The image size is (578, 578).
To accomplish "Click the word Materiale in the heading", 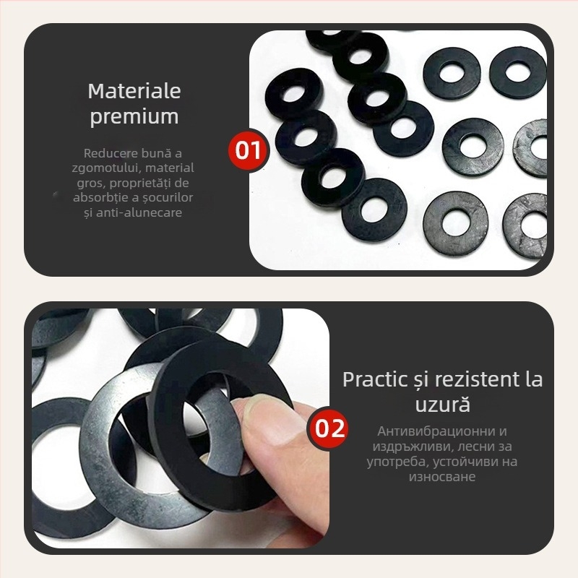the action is (x=134, y=91).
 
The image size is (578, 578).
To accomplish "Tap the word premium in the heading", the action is (x=134, y=117).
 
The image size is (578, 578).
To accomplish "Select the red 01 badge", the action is (x=248, y=150).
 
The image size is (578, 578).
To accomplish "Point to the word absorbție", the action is (x=98, y=197).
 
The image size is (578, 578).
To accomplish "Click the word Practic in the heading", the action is (x=374, y=379).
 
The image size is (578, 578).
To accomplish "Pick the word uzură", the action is (x=442, y=405).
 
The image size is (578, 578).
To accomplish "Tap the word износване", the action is (x=442, y=477).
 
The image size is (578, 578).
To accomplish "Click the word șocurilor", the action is (x=168, y=197).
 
